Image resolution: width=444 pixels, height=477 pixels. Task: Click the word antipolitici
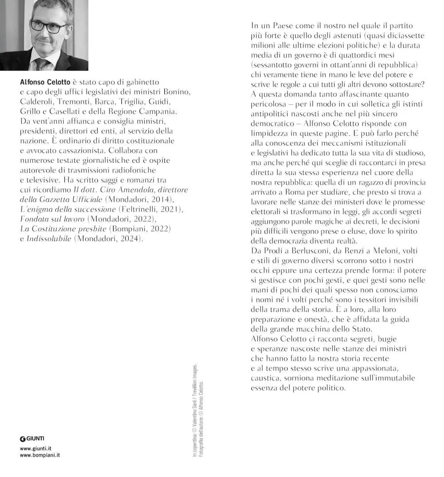pos(272,114)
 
